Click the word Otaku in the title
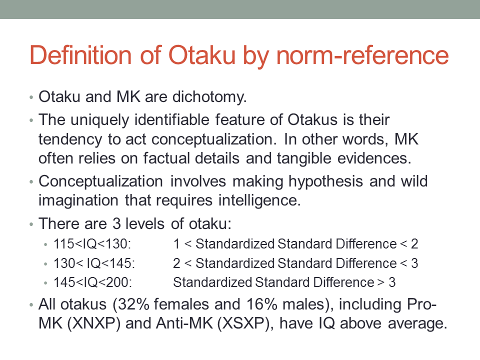point(201,55)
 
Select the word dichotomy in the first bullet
point(209,97)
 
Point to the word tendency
point(70,139)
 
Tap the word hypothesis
point(325,181)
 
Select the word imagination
point(78,201)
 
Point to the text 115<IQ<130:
point(92,244)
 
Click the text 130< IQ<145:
point(94,263)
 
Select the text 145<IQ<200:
point(92,282)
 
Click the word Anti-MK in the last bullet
point(184,323)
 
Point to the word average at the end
point(417,324)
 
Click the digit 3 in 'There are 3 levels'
point(116,224)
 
